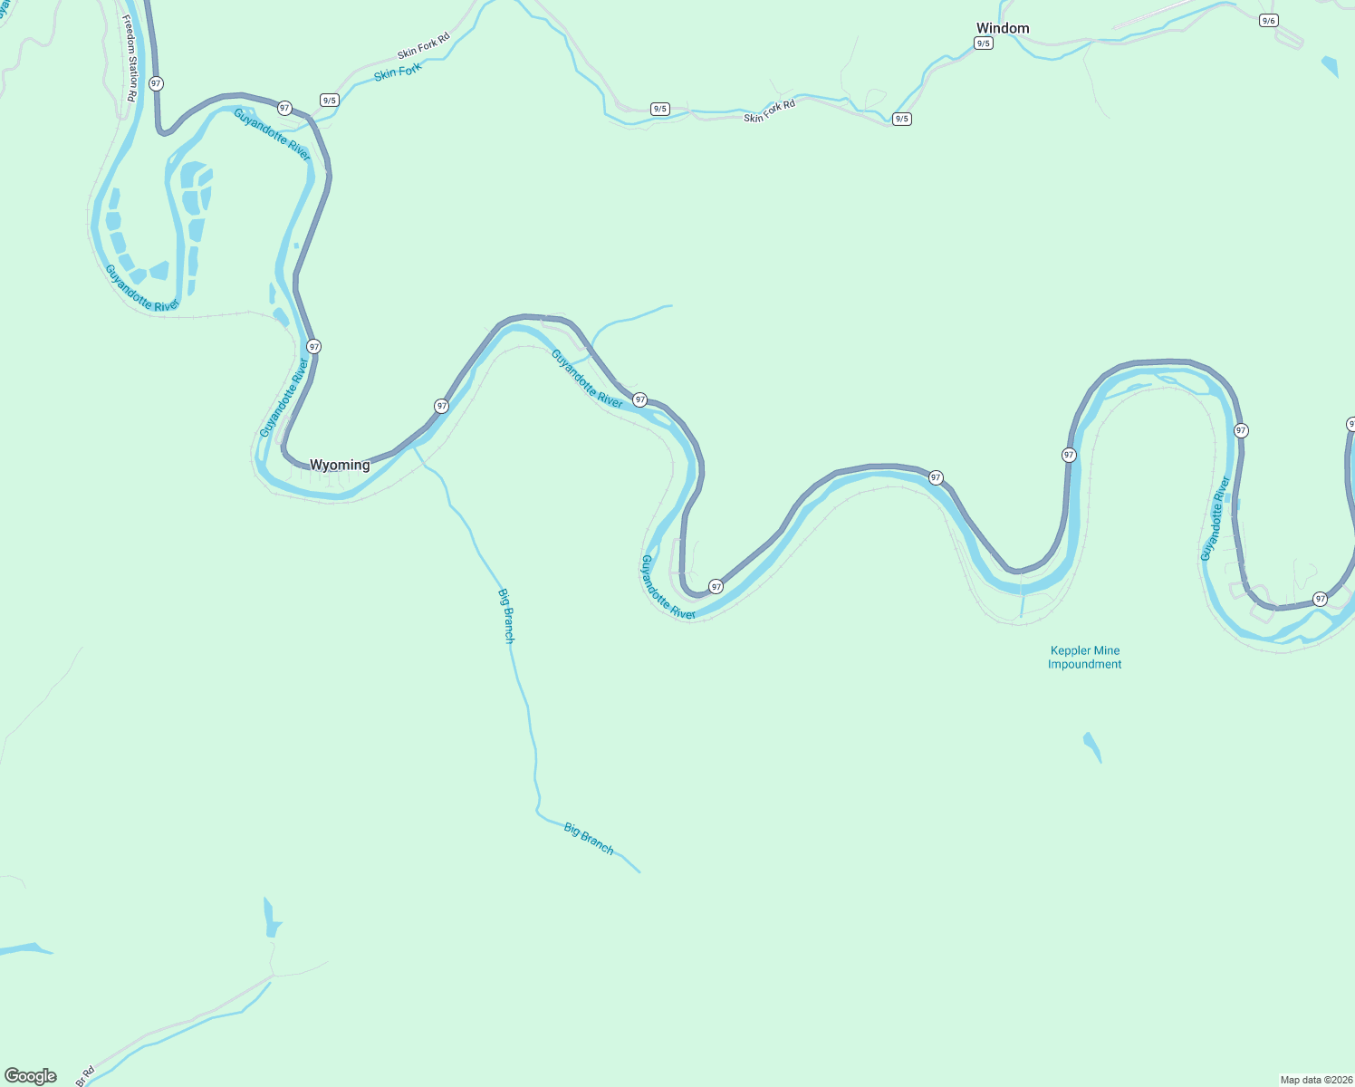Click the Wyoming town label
point(340,465)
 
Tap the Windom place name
point(1003,28)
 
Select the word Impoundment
point(1084,664)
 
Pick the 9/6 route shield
point(1268,21)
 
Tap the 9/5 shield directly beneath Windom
point(984,43)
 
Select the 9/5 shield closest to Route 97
point(329,101)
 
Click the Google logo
point(31,1076)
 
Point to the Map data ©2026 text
point(1316,1080)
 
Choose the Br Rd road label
point(85,1076)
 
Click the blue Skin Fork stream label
point(398,72)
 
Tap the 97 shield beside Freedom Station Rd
point(157,83)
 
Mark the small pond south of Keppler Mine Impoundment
point(1092,746)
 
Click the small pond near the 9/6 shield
point(1330,66)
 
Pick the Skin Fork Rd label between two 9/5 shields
point(769,111)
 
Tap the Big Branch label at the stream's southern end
point(589,839)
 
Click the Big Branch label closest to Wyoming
point(506,616)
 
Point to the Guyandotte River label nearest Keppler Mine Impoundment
point(1216,518)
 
